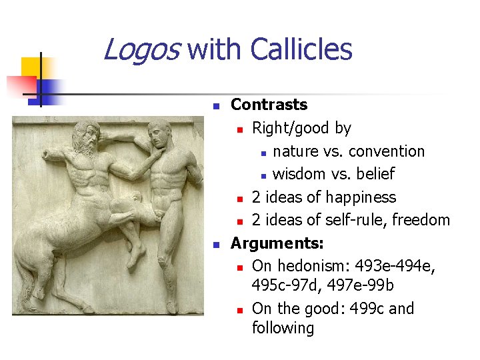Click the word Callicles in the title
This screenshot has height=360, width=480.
pos(301,50)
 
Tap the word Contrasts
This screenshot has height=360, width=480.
pos(269,105)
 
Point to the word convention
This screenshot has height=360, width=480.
pos(387,151)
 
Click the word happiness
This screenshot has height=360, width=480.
pos(359,197)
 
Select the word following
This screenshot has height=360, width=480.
pos(283,328)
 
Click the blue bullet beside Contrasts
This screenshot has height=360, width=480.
pos(215,106)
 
